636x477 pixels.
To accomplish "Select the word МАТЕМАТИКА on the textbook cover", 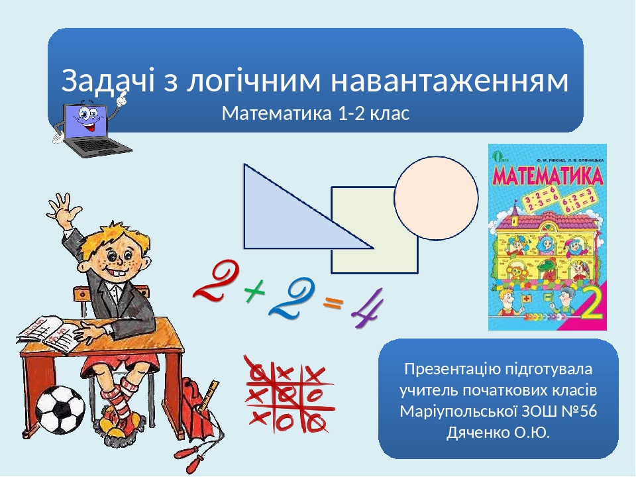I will tap(547, 177).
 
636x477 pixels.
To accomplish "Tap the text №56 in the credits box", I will tap(580, 411).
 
